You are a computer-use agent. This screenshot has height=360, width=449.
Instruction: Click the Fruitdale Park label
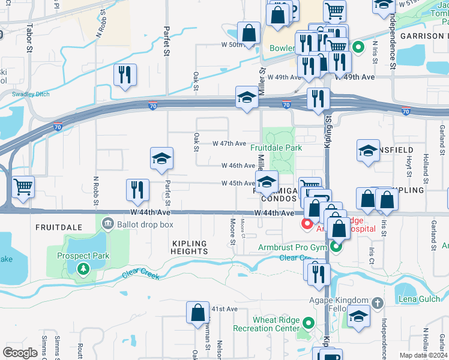coord(276,148)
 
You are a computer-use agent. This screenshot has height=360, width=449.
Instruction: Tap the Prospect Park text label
coord(83,255)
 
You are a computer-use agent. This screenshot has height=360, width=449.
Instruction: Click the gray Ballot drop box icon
coord(108,224)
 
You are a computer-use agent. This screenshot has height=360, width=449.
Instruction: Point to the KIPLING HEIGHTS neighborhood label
coord(189,248)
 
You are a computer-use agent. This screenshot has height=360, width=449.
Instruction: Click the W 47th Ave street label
coord(229,144)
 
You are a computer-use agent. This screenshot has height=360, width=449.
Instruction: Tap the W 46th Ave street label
coord(238,166)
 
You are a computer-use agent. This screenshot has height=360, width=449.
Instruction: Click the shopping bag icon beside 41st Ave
coord(197,313)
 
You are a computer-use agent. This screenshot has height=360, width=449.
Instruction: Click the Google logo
coord(20,353)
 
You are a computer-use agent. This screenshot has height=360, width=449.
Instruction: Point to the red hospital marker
coord(307,224)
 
